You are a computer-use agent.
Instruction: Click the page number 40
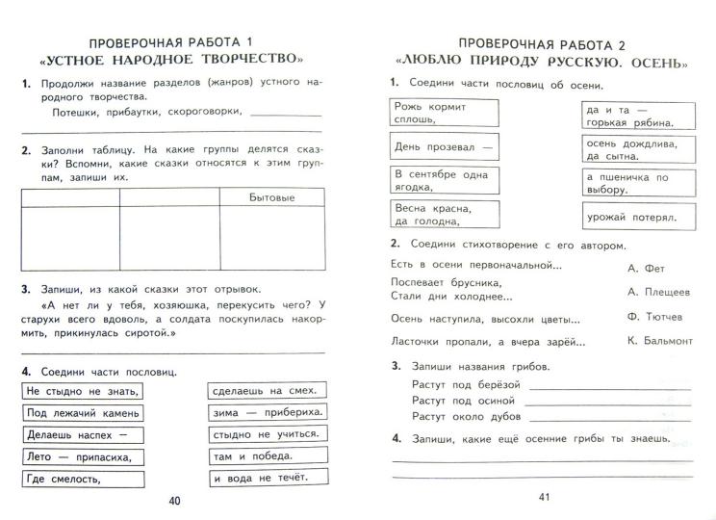173,501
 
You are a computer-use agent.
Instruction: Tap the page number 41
543,497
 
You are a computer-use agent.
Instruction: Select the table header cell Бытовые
270,197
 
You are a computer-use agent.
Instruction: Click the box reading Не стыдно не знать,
83,391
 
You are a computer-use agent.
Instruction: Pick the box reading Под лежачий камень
83,413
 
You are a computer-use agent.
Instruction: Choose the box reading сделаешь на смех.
268,391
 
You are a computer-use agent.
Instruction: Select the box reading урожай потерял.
630,219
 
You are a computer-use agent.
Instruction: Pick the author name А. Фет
646,269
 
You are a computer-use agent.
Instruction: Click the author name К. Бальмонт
659,340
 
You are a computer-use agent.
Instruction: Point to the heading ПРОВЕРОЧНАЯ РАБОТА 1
169,42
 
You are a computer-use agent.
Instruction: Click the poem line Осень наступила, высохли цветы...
487,318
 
